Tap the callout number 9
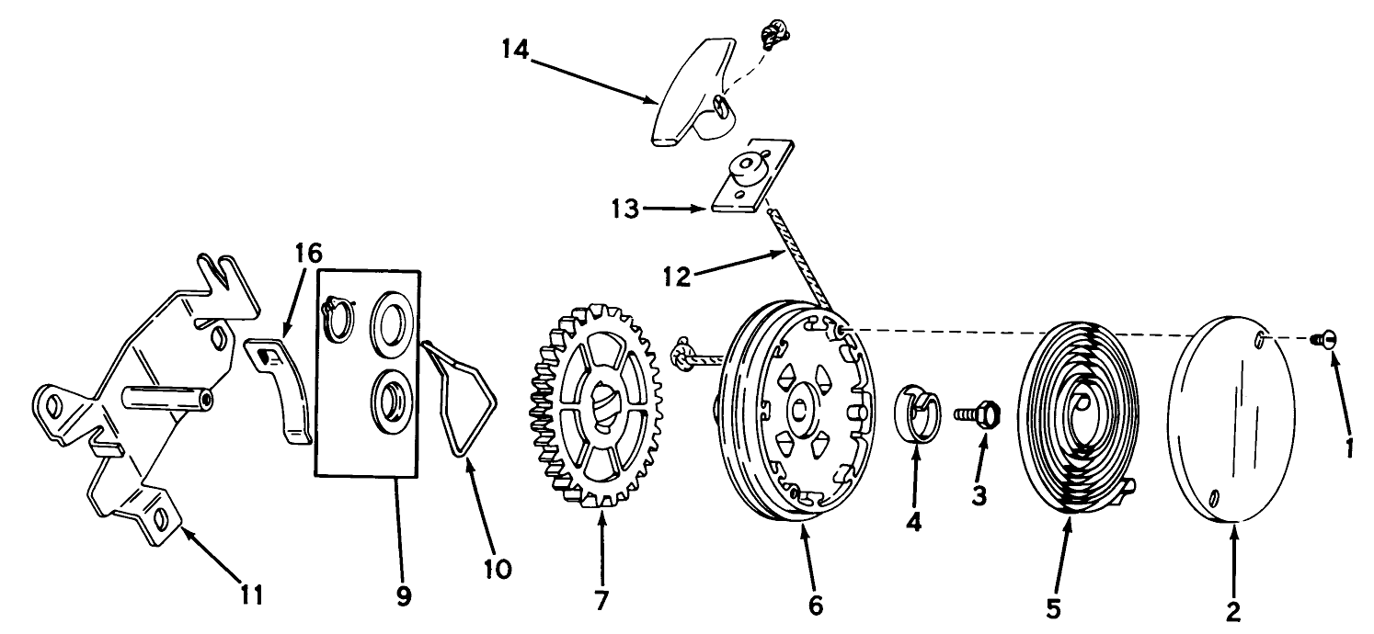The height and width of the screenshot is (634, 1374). tap(403, 594)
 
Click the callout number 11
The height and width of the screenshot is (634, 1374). tap(251, 594)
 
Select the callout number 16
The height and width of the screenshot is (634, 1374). tap(309, 252)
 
